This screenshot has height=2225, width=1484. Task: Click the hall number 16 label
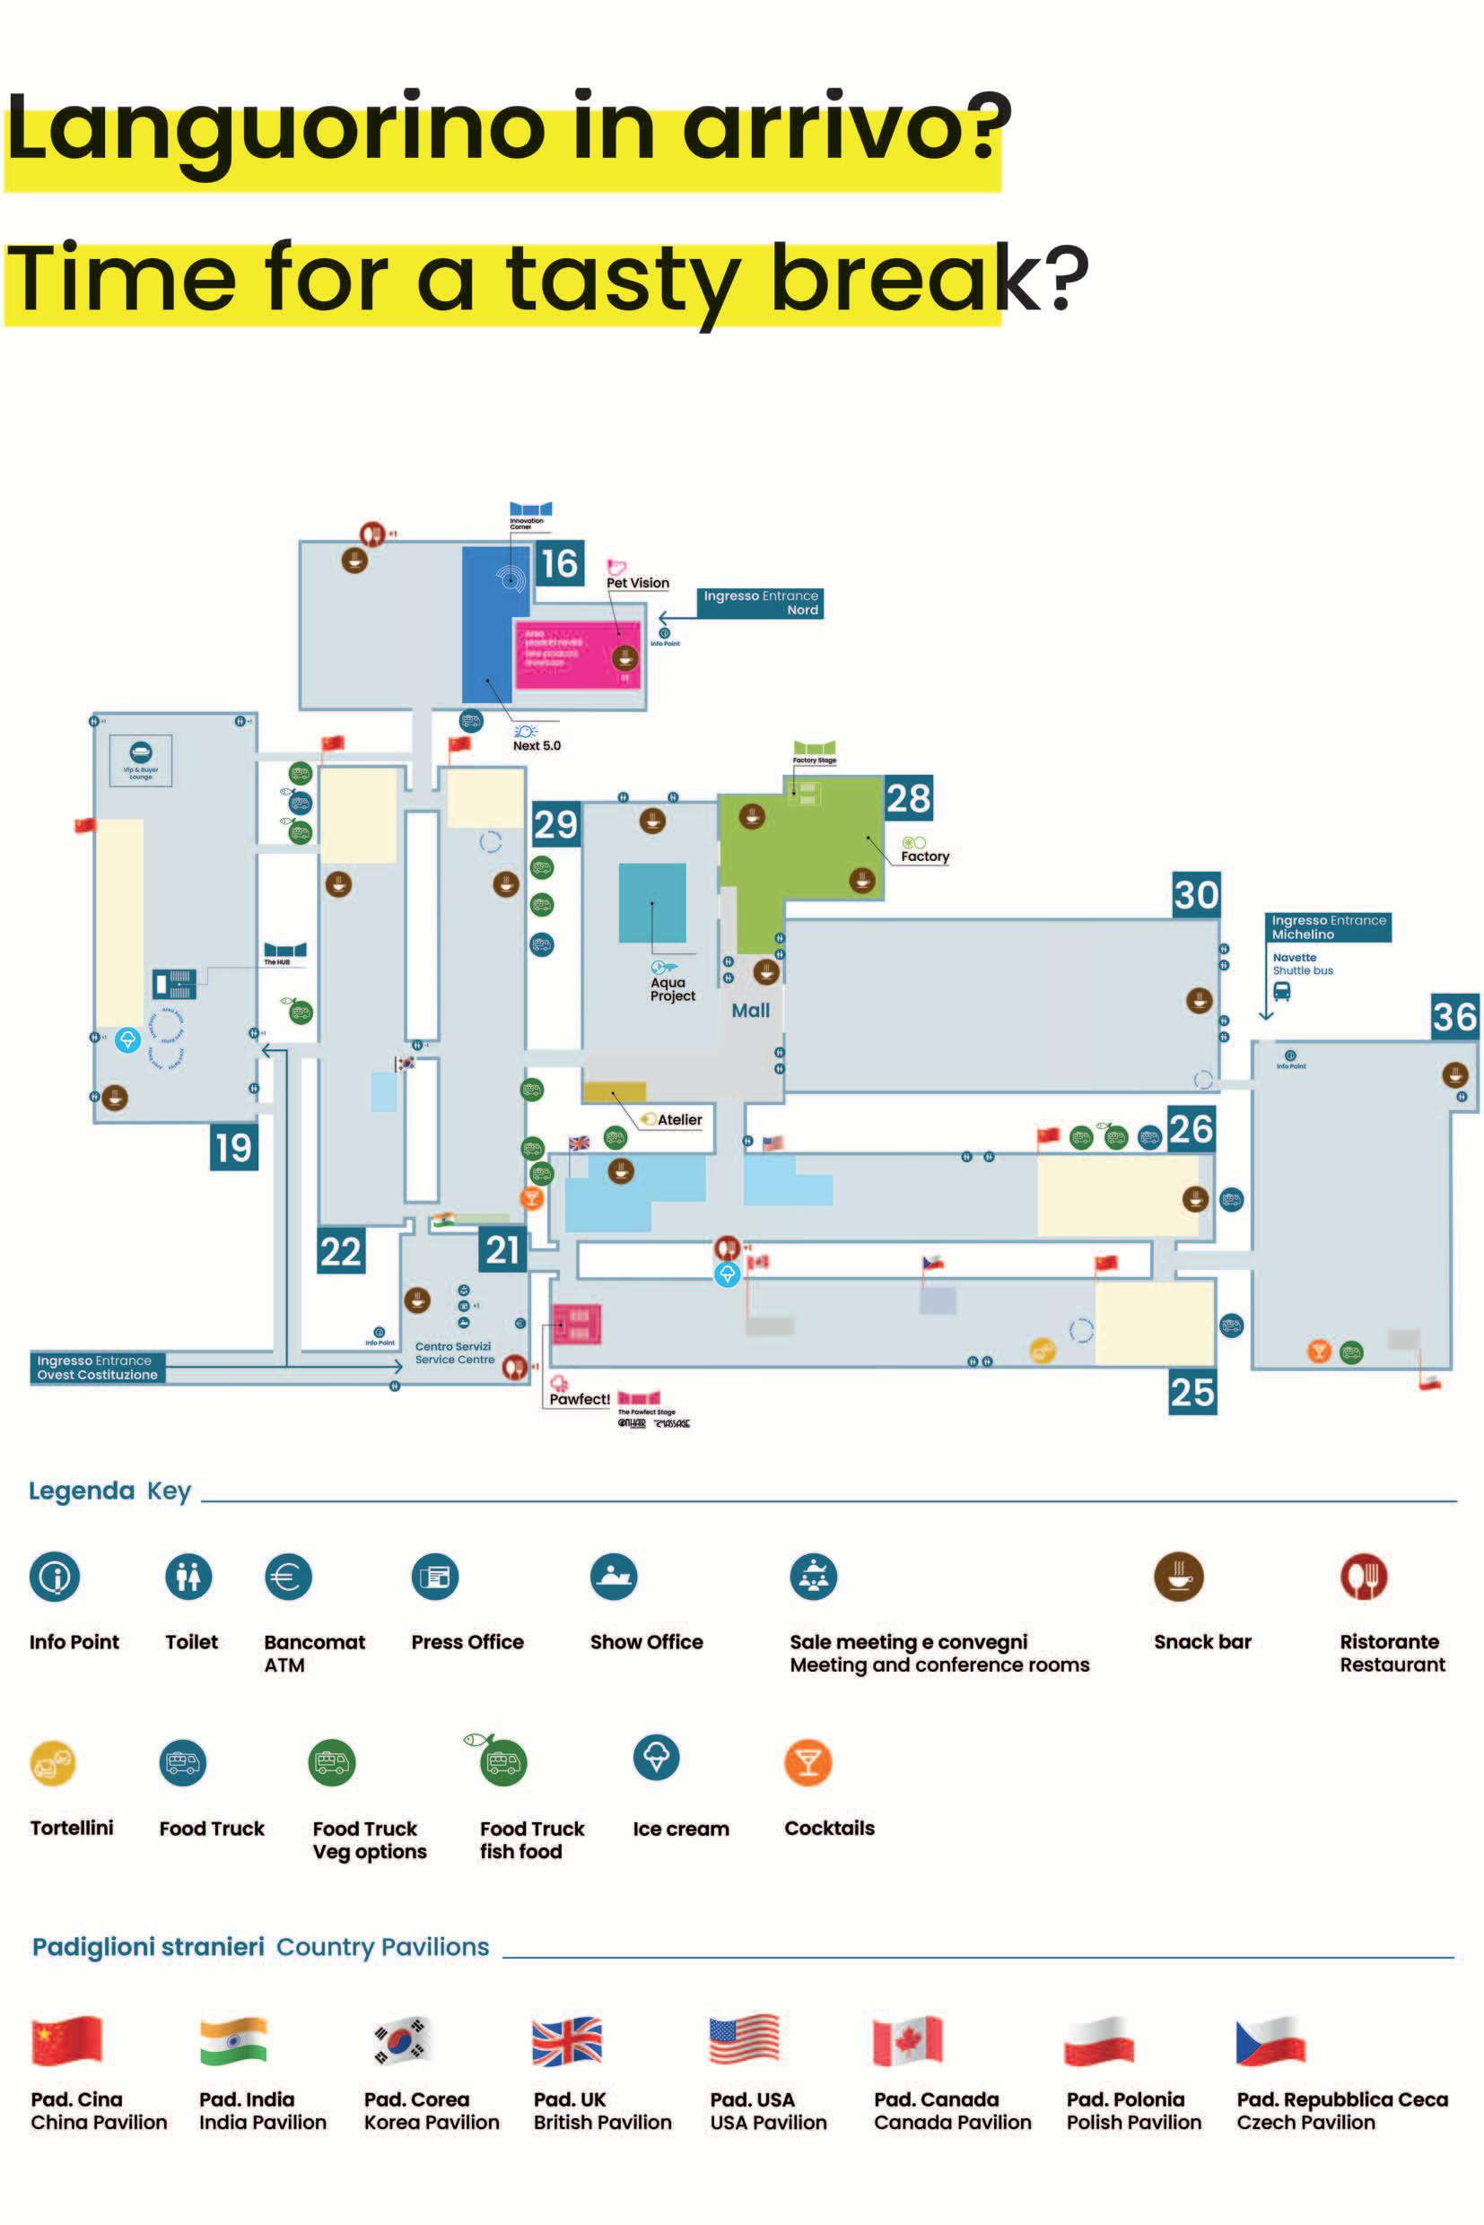tap(558, 564)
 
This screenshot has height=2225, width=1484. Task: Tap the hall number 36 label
tap(1453, 1017)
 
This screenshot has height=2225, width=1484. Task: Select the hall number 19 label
tap(232, 1148)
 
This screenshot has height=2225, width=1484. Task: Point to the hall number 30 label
tap(1195, 895)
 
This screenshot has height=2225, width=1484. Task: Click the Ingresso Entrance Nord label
tap(760, 603)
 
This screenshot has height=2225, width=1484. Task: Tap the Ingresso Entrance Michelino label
tap(1328, 927)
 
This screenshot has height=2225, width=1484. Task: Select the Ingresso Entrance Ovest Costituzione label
tap(98, 1368)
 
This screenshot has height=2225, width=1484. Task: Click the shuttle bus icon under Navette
tap(1281, 991)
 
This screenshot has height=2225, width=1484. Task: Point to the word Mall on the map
tap(750, 1011)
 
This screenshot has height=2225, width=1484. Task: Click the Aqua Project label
tap(672, 988)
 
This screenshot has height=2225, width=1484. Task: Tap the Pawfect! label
tap(580, 1399)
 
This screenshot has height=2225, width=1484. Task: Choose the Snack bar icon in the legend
tap(1178, 1577)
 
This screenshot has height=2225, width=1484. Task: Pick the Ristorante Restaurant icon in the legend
tap(1363, 1577)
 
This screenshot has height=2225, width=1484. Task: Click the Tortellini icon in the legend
tap(54, 1762)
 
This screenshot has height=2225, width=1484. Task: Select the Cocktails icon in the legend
tap(808, 1762)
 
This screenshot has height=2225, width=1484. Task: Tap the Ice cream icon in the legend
tap(656, 1759)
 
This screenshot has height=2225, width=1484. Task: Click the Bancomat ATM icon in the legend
tap(288, 1577)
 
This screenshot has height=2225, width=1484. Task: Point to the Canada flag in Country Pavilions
tap(908, 2040)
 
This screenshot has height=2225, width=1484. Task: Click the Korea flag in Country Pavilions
tap(402, 2040)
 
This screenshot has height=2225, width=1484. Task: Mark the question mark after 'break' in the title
tap(1066, 278)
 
